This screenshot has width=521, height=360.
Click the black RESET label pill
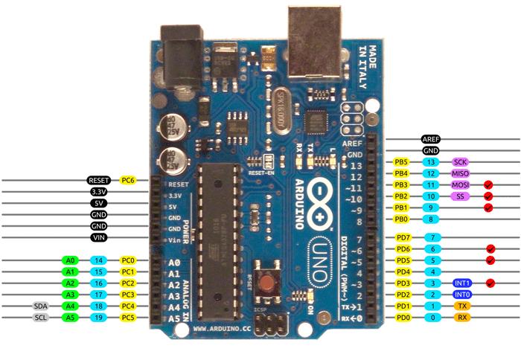point(99,180)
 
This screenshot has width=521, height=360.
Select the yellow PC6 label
point(128,180)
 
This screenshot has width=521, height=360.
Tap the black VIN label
point(99,237)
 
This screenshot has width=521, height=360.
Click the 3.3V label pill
point(99,191)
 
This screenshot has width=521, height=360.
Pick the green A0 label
point(71,261)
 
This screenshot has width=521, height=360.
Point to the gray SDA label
point(41,306)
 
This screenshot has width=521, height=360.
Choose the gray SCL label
point(41,318)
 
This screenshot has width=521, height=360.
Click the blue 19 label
point(99,318)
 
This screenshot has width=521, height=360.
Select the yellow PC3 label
point(128,295)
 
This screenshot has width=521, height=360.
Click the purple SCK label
point(460,161)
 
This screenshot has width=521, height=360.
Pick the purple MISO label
point(460,173)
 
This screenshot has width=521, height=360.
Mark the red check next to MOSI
point(488,184)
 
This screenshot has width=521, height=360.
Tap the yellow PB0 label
point(403,219)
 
